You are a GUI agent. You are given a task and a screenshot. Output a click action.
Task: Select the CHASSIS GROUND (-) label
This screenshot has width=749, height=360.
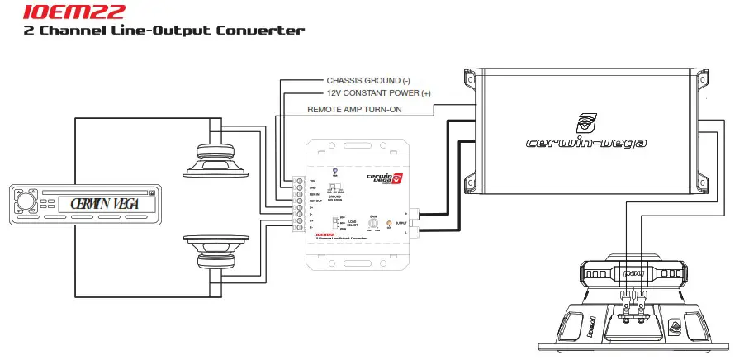tap(368, 81)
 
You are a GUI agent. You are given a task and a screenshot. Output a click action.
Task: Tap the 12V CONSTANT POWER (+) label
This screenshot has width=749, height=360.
tap(378, 94)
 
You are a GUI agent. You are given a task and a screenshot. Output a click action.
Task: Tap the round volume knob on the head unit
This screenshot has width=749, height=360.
tap(26, 201)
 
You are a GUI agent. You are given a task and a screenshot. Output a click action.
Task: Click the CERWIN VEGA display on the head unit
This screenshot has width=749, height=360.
tap(105, 203)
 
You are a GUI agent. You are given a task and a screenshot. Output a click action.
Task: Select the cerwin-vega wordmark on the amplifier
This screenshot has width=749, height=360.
tap(587, 142)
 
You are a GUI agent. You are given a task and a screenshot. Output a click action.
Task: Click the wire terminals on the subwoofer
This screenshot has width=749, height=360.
tap(633, 302)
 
